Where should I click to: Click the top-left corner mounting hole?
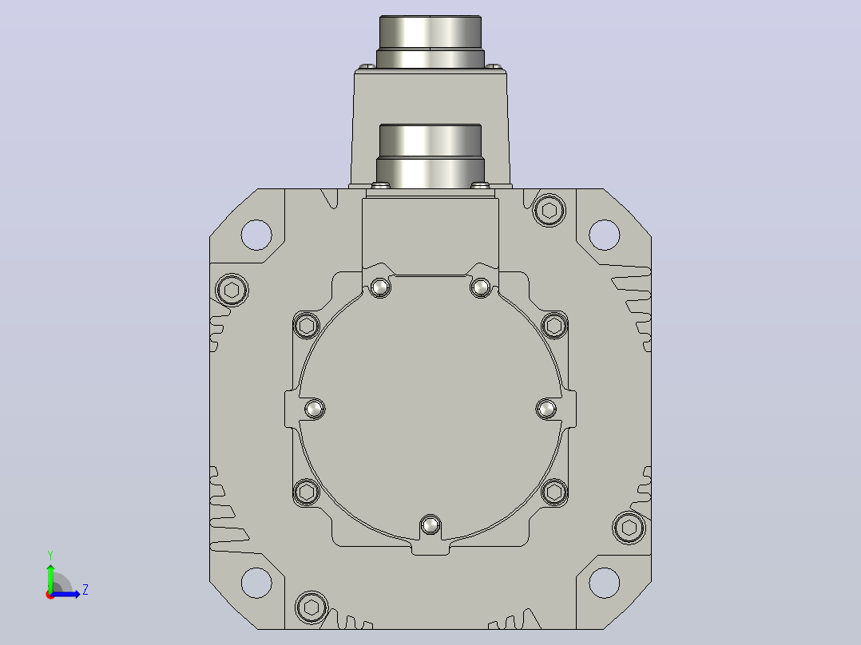coord(256,235)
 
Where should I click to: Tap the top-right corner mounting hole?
coord(605,235)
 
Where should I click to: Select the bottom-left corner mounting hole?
coord(256,583)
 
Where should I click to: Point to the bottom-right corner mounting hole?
coord(605,583)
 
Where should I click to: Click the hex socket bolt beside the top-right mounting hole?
coord(550,210)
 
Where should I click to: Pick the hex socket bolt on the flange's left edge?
coord(232,290)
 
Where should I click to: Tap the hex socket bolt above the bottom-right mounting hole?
coord(629,528)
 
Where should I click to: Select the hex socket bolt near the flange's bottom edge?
coord(311,607)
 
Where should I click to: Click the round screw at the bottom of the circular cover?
coord(430,526)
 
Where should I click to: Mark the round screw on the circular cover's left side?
coord(315,409)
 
